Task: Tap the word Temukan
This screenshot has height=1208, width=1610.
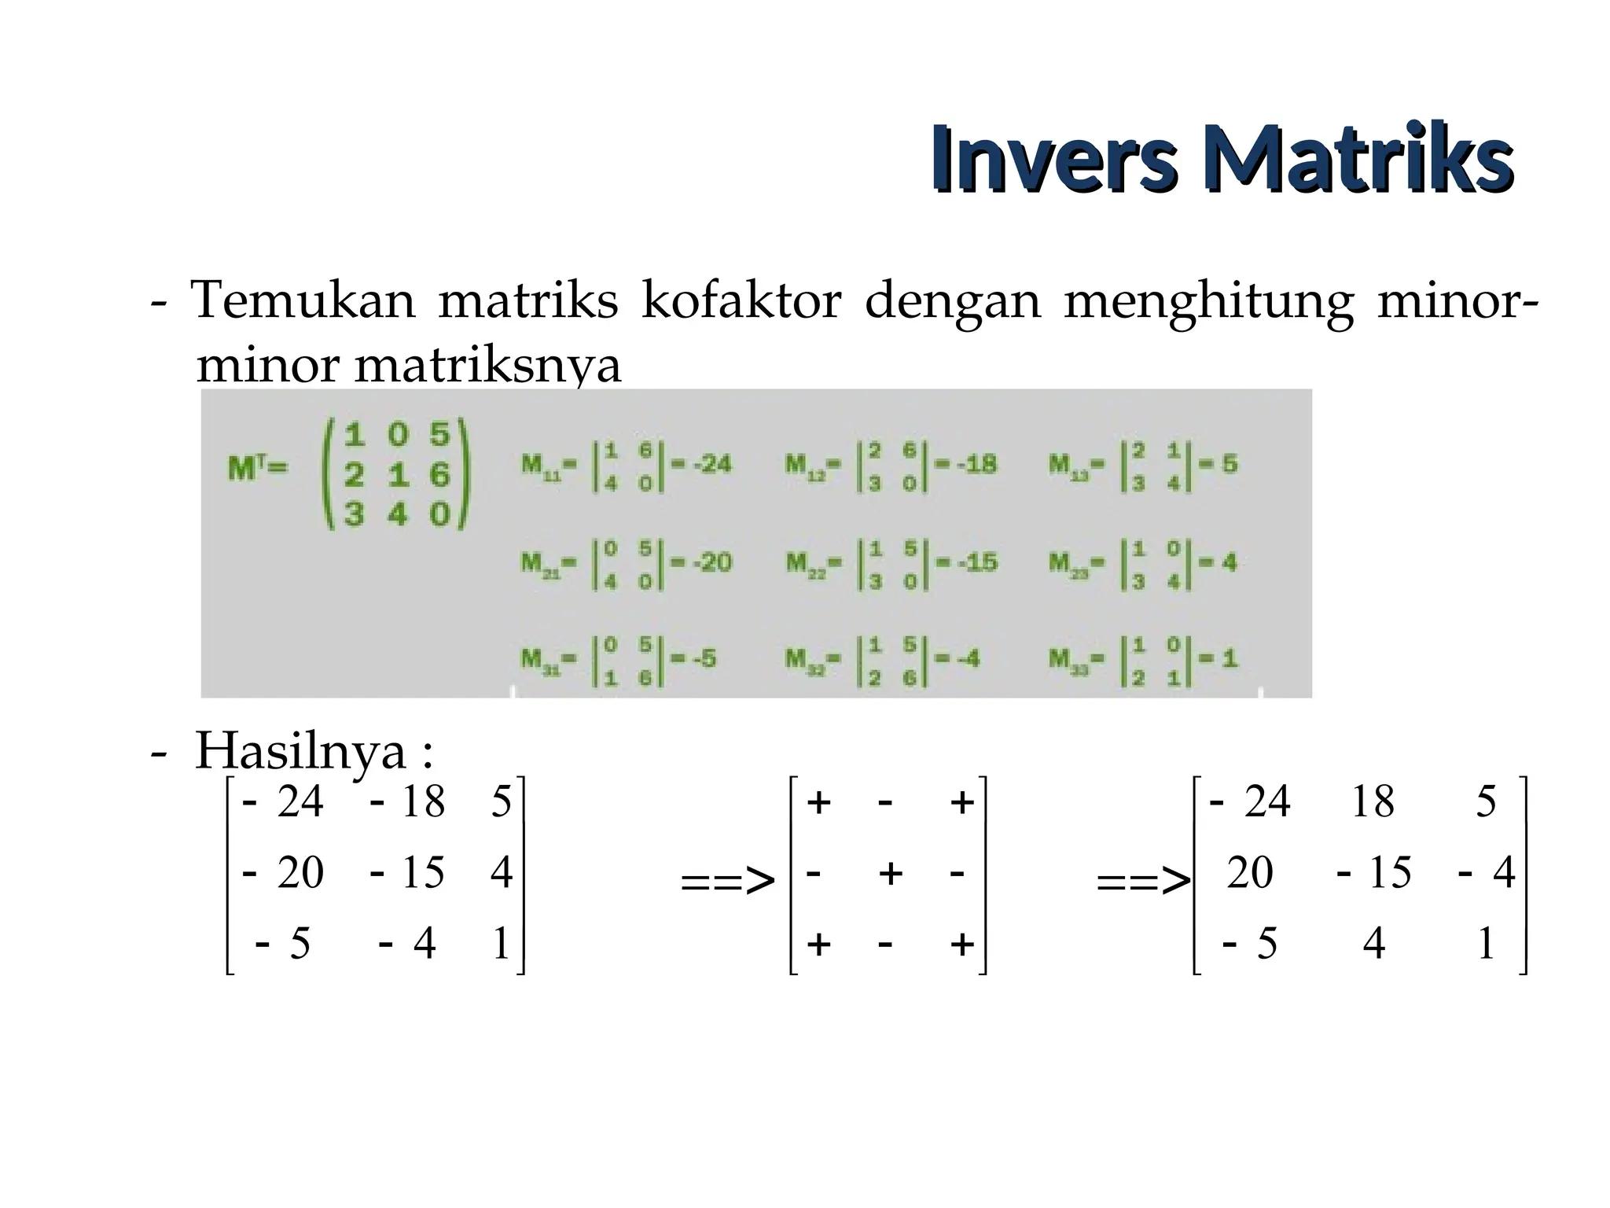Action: click(x=303, y=300)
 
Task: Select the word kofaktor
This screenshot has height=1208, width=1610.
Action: click(x=741, y=300)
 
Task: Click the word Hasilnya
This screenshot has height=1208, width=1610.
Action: click(x=300, y=751)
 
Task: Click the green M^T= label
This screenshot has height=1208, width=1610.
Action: click(x=258, y=469)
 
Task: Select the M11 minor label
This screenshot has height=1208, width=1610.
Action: click(x=548, y=465)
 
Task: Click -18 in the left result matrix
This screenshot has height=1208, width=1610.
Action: click(x=407, y=802)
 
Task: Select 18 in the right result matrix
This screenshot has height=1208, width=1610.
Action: click(x=1373, y=802)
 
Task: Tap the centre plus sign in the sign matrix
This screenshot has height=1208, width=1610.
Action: click(x=890, y=873)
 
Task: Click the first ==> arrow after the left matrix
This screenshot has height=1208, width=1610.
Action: click(x=728, y=882)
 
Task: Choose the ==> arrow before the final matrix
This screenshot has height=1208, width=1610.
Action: click(x=1144, y=882)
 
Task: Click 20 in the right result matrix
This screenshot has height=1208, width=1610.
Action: click(x=1249, y=873)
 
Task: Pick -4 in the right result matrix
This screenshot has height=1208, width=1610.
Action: click(x=1487, y=873)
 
